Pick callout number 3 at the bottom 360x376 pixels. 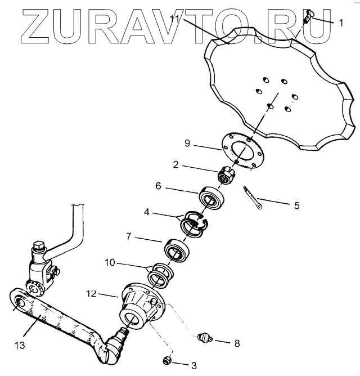click(193, 366)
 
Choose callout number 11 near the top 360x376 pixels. click(175, 19)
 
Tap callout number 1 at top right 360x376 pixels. click(340, 23)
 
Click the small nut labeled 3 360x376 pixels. click(166, 360)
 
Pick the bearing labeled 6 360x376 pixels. click(210, 199)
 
